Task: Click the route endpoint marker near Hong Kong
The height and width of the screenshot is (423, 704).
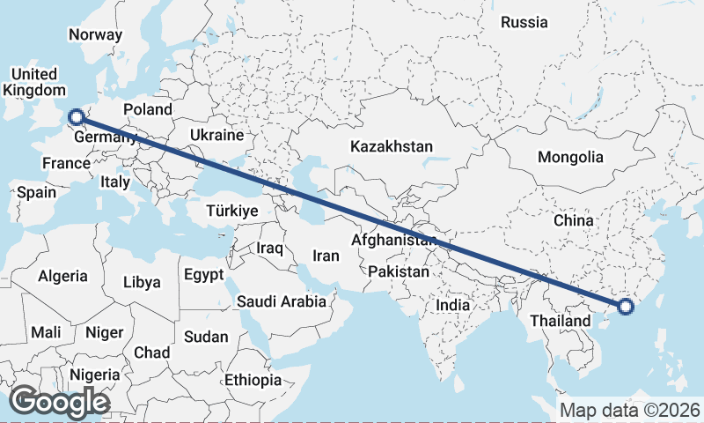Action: point(626,307)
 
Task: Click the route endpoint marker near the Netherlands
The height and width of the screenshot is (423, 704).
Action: point(77,115)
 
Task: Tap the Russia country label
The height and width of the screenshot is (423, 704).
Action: point(524,22)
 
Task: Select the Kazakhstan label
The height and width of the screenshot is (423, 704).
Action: point(392,146)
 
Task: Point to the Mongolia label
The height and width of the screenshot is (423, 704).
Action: point(571,157)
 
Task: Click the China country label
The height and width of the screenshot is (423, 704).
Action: point(573,220)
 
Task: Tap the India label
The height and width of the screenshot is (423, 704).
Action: point(453,305)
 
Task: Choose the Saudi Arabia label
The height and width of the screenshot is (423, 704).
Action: point(282,301)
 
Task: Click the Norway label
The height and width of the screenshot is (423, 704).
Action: point(94,35)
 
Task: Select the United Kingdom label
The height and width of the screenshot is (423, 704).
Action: point(34,82)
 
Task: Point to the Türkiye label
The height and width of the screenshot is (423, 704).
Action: point(231,211)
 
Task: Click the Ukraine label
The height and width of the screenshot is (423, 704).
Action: point(216,136)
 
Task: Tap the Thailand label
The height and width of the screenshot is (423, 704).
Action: point(560,321)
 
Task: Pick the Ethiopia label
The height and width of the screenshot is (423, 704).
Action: point(253,381)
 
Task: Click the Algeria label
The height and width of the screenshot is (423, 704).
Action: point(62,276)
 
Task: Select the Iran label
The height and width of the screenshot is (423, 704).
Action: point(326,256)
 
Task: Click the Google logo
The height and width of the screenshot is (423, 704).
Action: point(59,401)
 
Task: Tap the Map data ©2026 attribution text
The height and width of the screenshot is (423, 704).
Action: point(629,410)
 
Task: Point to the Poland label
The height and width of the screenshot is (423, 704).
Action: point(146,109)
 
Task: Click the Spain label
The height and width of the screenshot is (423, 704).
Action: point(36,191)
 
